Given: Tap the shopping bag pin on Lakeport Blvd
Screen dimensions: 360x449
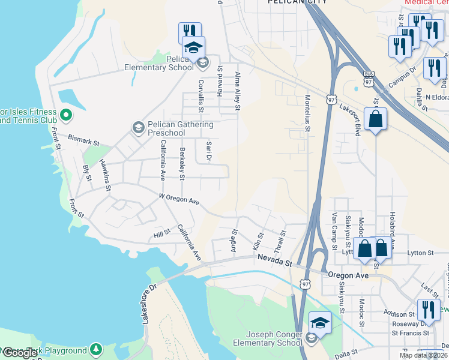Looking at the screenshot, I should pos(376,119).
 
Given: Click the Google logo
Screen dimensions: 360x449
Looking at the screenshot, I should pos(20,353).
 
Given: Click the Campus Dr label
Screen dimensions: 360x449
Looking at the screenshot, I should pos(402,77).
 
